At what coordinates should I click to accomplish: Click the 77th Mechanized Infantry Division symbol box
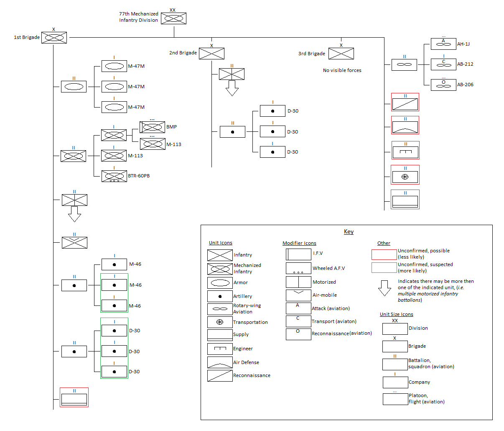[173, 18]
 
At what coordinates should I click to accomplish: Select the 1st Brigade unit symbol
[54, 38]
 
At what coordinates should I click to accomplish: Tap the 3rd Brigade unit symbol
[341, 54]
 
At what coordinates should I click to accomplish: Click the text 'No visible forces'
[342, 70]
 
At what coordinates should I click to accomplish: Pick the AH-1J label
[463, 44]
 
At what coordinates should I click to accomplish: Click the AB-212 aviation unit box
[443, 64]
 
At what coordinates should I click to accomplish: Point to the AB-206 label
[465, 85]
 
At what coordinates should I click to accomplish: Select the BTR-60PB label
[138, 176]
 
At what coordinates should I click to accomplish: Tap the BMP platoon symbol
[152, 127]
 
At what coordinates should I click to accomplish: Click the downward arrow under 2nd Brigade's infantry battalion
[232, 88]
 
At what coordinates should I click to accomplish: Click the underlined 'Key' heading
[349, 231]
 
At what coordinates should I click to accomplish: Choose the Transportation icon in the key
[220, 322]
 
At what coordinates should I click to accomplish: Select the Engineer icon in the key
[220, 349]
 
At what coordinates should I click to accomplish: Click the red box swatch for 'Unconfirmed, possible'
[384, 254]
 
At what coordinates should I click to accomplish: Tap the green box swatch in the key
[384, 268]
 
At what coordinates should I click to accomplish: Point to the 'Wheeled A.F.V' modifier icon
[298, 268]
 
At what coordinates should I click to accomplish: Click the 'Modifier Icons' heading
[299, 243]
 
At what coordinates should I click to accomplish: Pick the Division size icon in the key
[395, 328]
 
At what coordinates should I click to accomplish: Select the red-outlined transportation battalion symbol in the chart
[405, 175]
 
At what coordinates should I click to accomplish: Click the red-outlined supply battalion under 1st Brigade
[74, 398]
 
